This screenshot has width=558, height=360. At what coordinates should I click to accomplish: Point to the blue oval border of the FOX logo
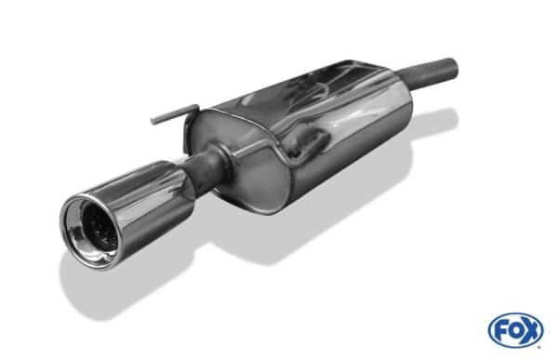tap(516, 315)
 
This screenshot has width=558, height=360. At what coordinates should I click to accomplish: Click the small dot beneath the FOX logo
tap(539, 347)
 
